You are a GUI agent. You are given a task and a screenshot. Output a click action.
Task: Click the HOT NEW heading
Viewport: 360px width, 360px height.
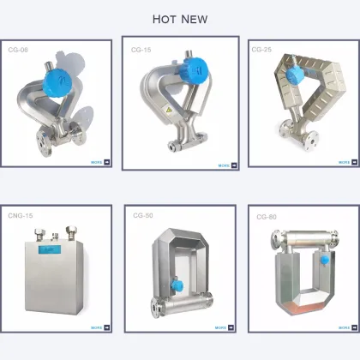coord(180,19)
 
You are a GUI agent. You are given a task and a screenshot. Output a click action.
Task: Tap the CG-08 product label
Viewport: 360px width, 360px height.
coord(20,51)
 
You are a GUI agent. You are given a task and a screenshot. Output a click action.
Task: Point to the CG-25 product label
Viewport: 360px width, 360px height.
coord(261,50)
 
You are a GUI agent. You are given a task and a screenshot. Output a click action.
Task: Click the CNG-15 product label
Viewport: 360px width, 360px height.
coord(21,217)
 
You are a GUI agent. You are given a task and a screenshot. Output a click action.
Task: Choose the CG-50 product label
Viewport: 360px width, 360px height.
coord(142,217)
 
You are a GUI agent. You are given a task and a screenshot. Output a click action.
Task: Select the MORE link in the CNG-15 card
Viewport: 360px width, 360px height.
coord(99,327)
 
